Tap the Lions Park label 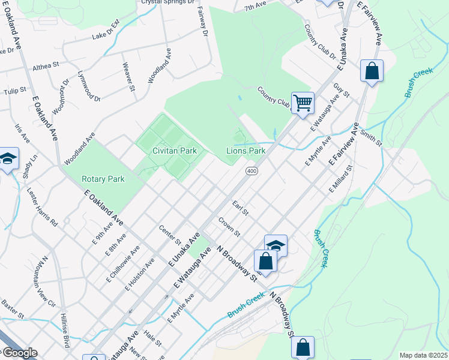click(246, 151)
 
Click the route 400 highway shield click(252, 172)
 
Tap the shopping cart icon click(303, 103)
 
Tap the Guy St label click(342, 92)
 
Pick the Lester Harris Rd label click(42, 206)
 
